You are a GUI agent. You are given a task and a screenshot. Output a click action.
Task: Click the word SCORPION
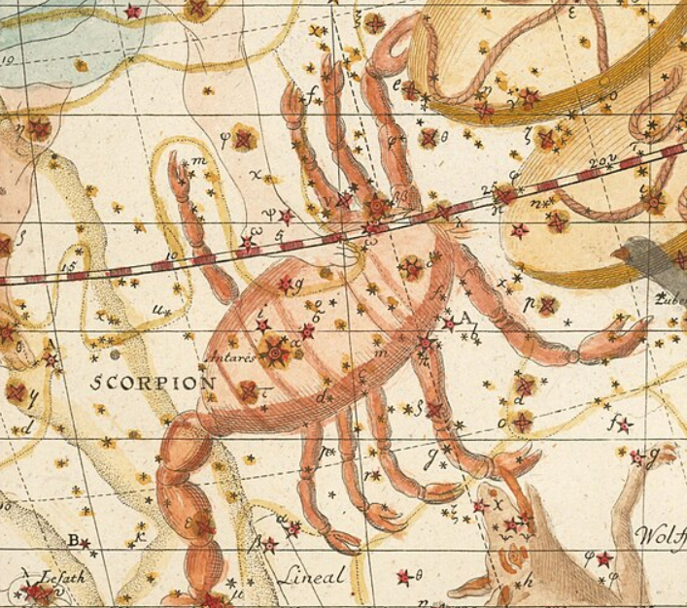pyautogui.click(x=154, y=382)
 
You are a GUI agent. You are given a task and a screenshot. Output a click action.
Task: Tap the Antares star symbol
pyautogui.click(x=277, y=354)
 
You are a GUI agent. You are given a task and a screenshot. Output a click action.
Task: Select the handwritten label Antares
pyautogui.click(x=231, y=357)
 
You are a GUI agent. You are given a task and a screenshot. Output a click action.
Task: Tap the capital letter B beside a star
pyautogui.click(x=73, y=540)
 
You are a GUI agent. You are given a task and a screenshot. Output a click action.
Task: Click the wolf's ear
pyautogui.click(x=662, y=454)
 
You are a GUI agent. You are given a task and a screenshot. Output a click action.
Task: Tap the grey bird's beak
pyautogui.click(x=618, y=254)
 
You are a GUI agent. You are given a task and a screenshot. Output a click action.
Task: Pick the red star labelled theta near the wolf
pyautogui.click(x=403, y=577)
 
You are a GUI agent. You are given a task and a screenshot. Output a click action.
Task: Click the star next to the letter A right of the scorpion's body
pyautogui.click(x=448, y=324)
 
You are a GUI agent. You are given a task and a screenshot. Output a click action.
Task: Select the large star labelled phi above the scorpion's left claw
pyautogui.click(x=243, y=140)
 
